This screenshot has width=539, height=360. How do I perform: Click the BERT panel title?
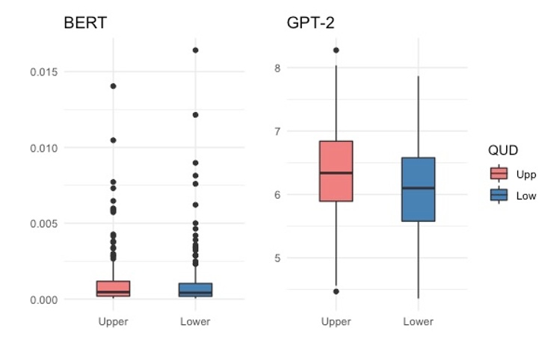(84, 22)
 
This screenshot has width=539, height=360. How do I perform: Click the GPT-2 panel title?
(310, 22)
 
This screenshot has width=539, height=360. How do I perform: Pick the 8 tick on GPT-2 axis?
(276, 68)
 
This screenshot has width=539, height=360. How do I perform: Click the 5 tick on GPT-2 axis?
(276, 258)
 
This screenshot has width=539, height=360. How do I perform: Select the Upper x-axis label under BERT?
(114, 322)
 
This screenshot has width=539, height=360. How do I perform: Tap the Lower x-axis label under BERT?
(195, 322)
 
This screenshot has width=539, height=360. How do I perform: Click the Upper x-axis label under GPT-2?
(336, 322)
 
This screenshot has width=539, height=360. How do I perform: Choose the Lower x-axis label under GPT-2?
(418, 322)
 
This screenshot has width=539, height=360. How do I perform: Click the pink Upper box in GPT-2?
(336, 171)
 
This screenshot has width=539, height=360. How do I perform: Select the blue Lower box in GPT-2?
(418, 190)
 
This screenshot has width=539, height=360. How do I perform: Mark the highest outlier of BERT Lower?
(195, 50)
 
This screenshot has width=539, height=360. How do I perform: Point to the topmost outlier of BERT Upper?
(114, 86)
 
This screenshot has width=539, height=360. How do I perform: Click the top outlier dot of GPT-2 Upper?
(336, 50)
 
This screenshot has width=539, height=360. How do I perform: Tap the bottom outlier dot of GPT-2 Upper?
(336, 291)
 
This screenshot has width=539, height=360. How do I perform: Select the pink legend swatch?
(499, 174)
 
